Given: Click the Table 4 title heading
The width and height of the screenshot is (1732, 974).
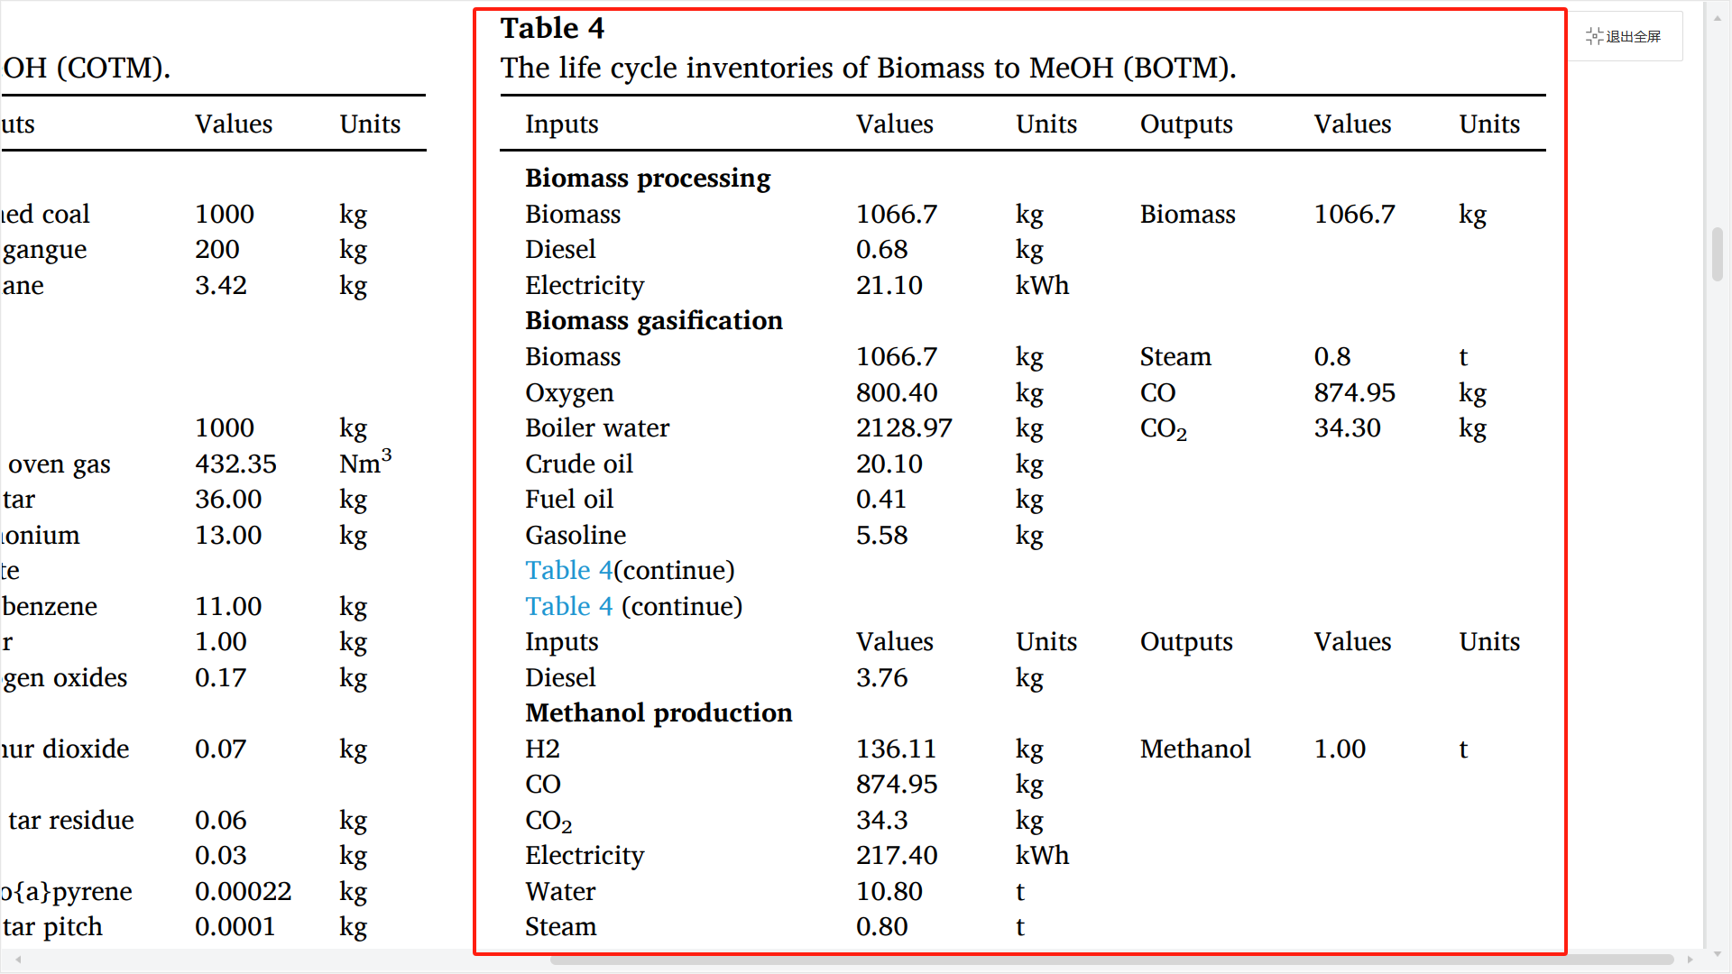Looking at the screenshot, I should tap(552, 29).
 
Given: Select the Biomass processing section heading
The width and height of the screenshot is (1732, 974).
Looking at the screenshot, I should tap(648, 178).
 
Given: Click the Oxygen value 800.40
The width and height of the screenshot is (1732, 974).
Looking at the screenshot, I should tap(896, 392).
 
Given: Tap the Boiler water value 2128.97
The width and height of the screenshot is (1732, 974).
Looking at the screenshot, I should tap(903, 427).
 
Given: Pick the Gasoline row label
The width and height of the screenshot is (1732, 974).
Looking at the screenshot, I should tap(576, 535).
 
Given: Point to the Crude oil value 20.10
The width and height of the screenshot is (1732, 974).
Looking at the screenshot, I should tap(889, 464).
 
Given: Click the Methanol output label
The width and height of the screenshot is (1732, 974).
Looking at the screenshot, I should tap(1194, 749).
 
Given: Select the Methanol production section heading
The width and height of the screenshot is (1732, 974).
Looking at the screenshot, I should tap(659, 712).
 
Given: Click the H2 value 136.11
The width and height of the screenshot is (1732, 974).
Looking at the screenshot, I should tap(896, 749).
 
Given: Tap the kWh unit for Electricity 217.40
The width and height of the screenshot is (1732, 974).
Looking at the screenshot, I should tap(1042, 855).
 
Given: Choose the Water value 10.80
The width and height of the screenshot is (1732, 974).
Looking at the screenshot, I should tap(889, 891).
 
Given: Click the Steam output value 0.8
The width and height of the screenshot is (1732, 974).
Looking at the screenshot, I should tap(1331, 356).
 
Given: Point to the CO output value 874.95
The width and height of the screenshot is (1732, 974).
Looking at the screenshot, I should tap(1354, 392).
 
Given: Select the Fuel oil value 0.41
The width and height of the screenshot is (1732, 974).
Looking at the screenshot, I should tap(880, 499).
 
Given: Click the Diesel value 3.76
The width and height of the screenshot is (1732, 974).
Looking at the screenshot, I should tap(881, 677).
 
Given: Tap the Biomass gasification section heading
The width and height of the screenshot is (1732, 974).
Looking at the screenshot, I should tap(653, 320).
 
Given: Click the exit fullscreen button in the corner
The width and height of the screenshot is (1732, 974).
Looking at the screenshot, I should tap(1624, 36).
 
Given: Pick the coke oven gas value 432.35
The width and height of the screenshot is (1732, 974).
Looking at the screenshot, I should tap(235, 464).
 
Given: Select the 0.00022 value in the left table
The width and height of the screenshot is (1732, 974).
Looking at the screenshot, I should tap(243, 891).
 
